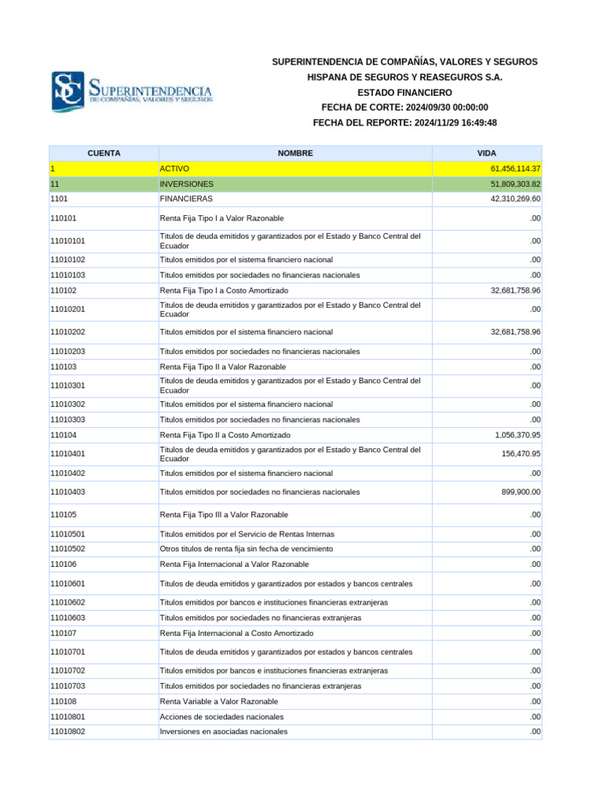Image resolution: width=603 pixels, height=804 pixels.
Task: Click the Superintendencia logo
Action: [131, 91]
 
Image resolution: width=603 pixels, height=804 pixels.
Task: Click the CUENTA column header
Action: [104, 153]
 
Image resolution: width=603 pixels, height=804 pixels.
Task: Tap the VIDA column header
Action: [486, 153]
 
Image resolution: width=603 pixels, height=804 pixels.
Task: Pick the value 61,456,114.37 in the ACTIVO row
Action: [510, 169]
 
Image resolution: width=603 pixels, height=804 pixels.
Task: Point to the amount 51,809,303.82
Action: [510, 184]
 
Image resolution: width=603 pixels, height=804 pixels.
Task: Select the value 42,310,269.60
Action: [510, 199]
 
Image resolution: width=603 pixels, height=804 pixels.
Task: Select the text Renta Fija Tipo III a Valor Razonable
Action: [224, 515]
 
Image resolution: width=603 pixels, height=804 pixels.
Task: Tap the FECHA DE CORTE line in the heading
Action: [404, 108]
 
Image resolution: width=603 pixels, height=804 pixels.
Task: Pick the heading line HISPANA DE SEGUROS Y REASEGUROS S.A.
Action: [404, 77]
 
